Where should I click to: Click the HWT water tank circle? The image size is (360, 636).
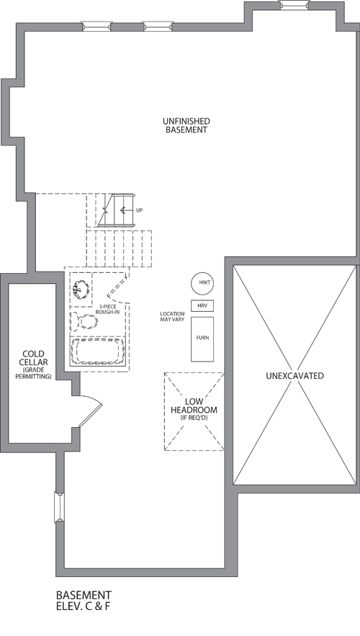[x=202, y=283]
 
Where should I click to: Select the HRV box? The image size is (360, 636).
[x=202, y=305]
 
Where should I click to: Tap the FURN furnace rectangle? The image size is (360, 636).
[x=202, y=339]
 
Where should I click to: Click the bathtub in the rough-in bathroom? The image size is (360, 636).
[x=97, y=351]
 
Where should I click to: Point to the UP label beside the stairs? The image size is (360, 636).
[x=140, y=210]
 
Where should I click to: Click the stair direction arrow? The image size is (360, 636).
[x=127, y=210]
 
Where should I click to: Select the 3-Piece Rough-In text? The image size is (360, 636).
[x=107, y=309]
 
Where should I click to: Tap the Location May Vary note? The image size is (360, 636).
[x=172, y=316]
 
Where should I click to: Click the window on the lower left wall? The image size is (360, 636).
[x=59, y=507]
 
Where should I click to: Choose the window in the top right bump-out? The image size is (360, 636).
[x=294, y=4]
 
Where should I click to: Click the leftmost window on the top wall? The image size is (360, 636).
[x=96, y=27]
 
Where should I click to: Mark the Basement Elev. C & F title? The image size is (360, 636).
[x=84, y=601]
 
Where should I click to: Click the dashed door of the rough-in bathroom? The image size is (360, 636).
[x=117, y=286]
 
